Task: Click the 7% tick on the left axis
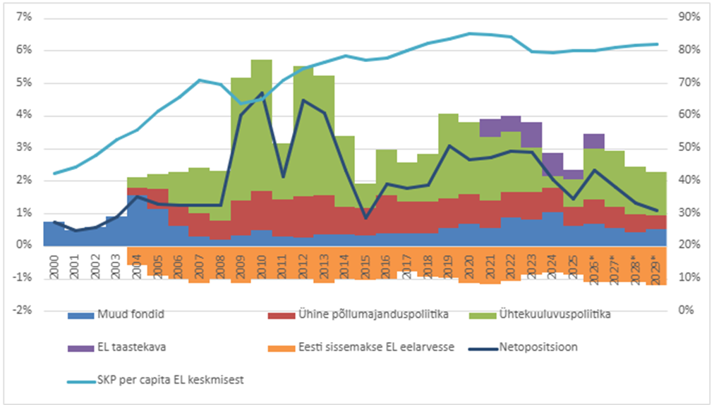point(24,18)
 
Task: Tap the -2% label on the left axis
point(23,310)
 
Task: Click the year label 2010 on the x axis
point(261,267)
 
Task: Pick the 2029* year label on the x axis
point(655,269)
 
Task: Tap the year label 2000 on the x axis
point(54,267)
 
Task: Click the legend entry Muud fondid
point(116,315)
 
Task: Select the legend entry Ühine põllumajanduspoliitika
point(358,315)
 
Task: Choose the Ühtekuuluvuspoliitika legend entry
point(540,315)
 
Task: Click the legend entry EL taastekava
point(116,347)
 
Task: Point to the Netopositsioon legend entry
point(524,347)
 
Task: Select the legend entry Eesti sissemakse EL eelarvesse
point(361,347)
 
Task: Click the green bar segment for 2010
point(261,125)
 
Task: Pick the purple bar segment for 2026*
point(594,141)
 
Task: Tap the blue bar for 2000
point(54,233)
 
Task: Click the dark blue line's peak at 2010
point(262,93)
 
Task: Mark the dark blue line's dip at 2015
point(365,219)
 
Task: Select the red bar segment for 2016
point(386,214)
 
